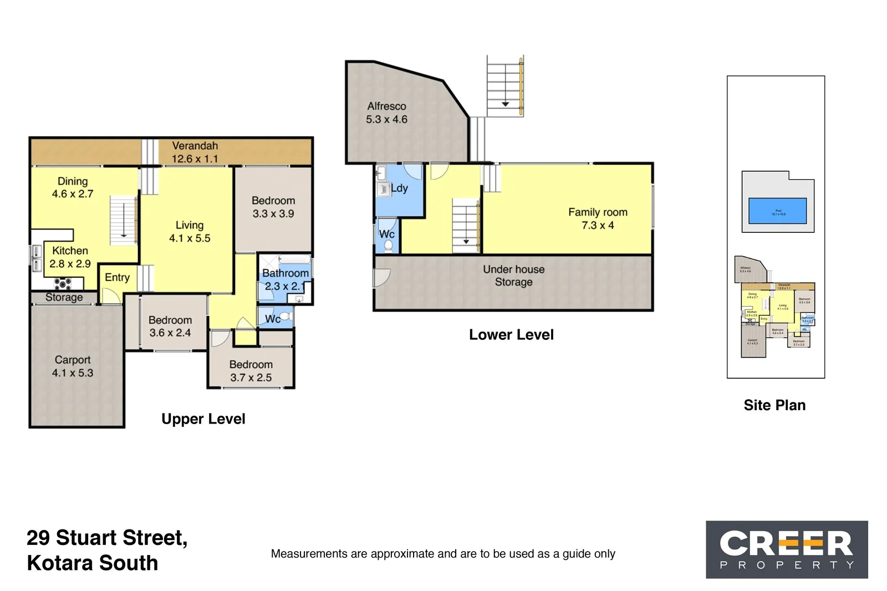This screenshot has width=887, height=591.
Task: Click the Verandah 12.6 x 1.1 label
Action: point(195,152)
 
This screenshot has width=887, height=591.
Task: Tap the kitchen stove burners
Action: point(63,284)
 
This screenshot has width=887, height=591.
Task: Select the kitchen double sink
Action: point(36,259)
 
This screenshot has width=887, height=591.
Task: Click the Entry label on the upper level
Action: point(117,277)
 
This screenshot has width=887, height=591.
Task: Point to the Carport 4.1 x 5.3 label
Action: point(73,366)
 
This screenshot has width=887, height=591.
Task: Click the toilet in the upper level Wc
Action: point(285,317)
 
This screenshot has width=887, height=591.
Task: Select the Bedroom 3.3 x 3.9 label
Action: point(273,207)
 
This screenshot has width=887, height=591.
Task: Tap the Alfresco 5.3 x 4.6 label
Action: point(386,113)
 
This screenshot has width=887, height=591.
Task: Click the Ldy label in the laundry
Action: point(399,188)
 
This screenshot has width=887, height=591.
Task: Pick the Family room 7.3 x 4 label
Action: point(598,218)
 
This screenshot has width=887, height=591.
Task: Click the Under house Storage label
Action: point(513,276)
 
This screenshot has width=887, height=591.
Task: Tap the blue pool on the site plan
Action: point(777,211)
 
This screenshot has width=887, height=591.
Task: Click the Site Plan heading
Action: point(774,405)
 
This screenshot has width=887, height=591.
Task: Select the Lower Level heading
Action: point(511,335)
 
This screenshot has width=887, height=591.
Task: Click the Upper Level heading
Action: point(203,419)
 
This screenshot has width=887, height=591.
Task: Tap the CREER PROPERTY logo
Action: point(786,549)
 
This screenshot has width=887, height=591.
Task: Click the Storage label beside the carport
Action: point(64,298)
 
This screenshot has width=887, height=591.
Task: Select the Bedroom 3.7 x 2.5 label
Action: point(251,371)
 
